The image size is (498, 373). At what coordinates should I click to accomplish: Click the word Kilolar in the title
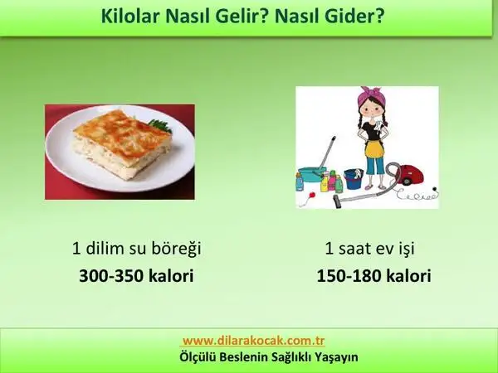pyautogui.click(x=130, y=16)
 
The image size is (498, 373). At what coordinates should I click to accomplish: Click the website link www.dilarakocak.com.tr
pyautogui.click(x=254, y=341)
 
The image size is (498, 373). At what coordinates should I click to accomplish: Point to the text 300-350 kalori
pyautogui.click(x=136, y=275)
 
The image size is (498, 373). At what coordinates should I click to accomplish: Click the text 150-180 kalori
pyautogui.click(x=373, y=275)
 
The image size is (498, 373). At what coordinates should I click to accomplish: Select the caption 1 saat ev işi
pyautogui.click(x=369, y=248)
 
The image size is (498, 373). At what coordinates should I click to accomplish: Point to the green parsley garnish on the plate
pyautogui.click(x=160, y=125)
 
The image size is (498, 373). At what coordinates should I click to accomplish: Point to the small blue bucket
pyautogui.click(x=354, y=179)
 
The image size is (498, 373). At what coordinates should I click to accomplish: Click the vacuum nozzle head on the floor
pyautogui.click(x=337, y=201)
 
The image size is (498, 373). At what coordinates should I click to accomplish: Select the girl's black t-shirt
pyautogui.click(x=372, y=130)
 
